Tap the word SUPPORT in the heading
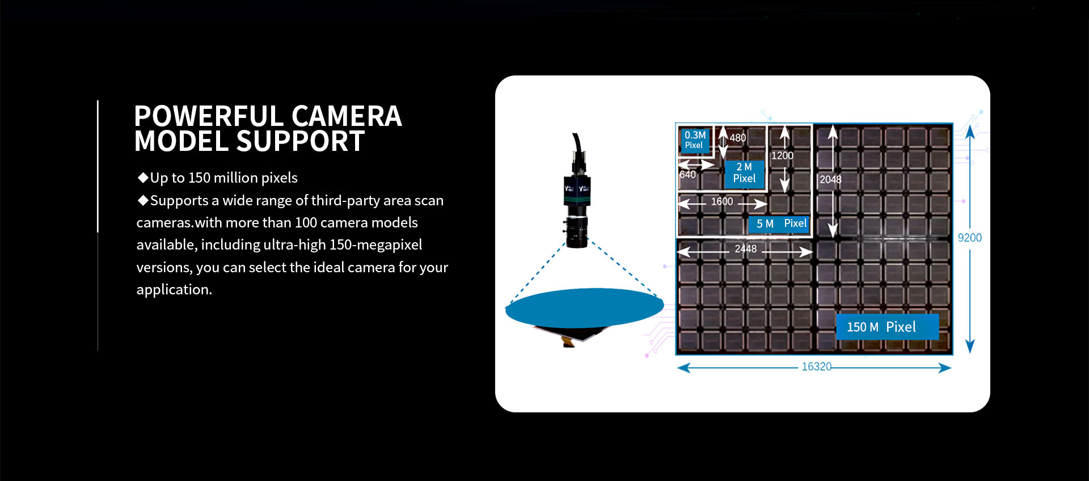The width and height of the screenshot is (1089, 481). pyautogui.click(x=300, y=141)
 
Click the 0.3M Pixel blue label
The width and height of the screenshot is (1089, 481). pyautogui.click(x=695, y=140)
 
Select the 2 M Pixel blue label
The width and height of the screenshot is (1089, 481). pyautogui.click(x=744, y=173)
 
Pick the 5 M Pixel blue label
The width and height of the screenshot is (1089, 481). pyautogui.click(x=781, y=224)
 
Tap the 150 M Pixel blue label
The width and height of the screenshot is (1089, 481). pyautogui.click(x=887, y=327)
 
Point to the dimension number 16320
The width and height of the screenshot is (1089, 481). pyautogui.click(x=816, y=367)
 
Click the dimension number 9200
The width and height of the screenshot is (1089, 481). pyautogui.click(x=969, y=238)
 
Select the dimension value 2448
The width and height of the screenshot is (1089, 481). pyautogui.click(x=745, y=249)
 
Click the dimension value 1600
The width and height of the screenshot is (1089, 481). pyautogui.click(x=722, y=202)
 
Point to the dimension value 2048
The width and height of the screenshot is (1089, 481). pyautogui.click(x=830, y=180)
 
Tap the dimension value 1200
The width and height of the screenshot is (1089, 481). pyautogui.click(x=782, y=156)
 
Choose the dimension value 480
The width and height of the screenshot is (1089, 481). pyautogui.click(x=737, y=138)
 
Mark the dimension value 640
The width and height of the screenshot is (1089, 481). pyautogui.click(x=687, y=175)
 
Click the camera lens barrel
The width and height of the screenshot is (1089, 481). pyautogui.click(x=576, y=232)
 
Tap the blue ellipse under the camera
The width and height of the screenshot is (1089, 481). pyautogui.click(x=584, y=307)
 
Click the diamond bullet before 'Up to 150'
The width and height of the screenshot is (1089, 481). pyautogui.click(x=143, y=178)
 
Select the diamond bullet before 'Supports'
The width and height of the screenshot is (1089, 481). pyautogui.click(x=143, y=200)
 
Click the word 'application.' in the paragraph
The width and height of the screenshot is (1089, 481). pyautogui.click(x=174, y=290)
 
